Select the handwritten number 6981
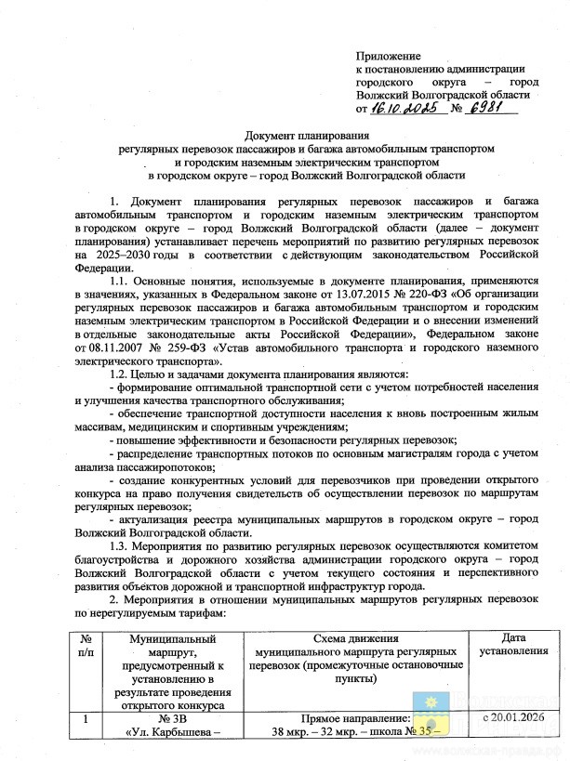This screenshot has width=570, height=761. pyautogui.click(x=497, y=108)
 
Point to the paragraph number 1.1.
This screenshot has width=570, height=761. pyautogui.click(x=121, y=279)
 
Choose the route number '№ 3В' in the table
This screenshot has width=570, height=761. pyautogui.click(x=175, y=719)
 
